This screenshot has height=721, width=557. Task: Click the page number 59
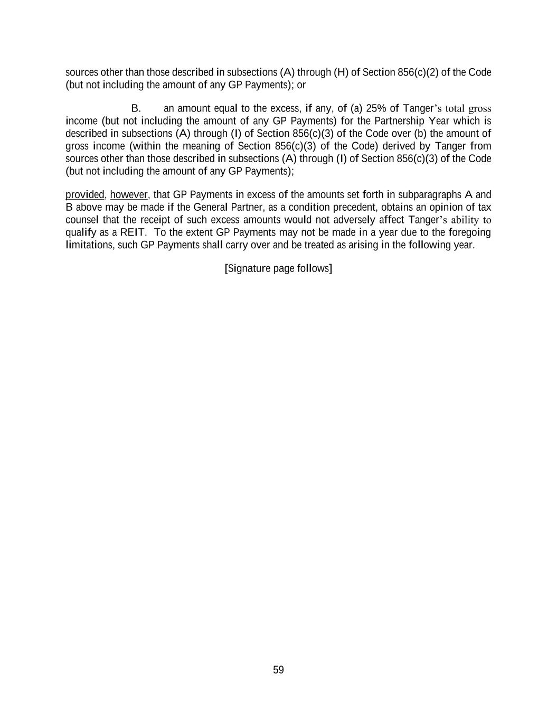tap(278, 670)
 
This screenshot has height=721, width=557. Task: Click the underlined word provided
tap(84, 194)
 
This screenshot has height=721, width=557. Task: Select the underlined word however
tap(129, 194)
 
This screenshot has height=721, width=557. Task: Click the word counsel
tap(82, 220)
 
